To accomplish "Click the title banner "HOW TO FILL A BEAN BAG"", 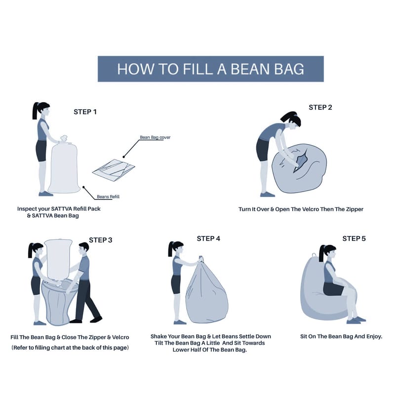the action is pos(211,69).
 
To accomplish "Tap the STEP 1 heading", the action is pos(85,112).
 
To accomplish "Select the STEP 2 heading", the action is pos(320,107).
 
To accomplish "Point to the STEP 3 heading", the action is pos(101,240).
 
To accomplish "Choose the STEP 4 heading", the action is pos(208,238).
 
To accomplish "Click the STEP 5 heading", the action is pos(354,238).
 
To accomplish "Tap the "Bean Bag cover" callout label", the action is pos(155,137).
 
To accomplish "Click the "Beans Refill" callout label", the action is pos(108,197).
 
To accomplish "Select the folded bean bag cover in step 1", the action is pos(114,170).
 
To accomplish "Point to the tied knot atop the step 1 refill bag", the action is pos(64,139).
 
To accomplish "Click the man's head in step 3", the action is pos(83,249).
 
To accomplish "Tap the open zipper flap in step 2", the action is pos(301,161).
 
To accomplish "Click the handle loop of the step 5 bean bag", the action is pos(314,255).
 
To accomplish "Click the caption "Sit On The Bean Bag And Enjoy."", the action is pos(341,336).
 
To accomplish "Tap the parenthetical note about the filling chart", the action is pos(70,348).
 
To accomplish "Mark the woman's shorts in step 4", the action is pos(176,284).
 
